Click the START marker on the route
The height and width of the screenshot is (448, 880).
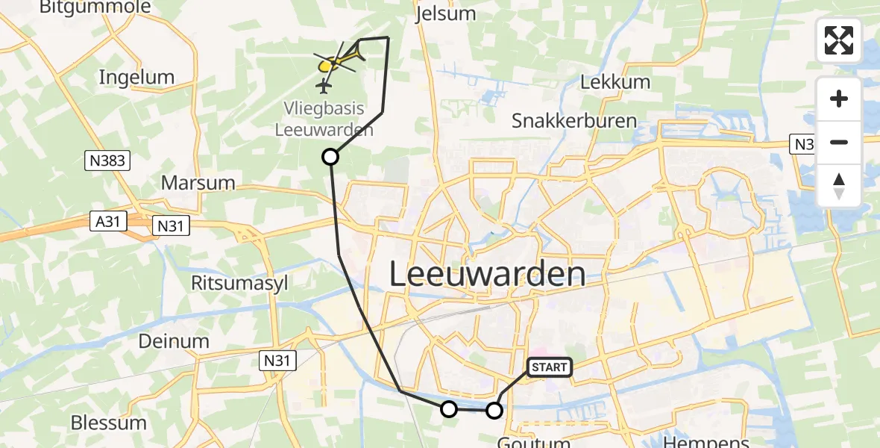coord(550,367)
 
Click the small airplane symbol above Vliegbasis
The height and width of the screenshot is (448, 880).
coord(324,87)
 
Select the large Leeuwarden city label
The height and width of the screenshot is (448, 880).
coord(487,275)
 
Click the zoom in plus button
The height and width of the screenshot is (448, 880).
coord(839,99)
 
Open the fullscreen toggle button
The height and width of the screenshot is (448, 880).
coord(839,40)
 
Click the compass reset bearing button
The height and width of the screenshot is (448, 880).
coord(839,186)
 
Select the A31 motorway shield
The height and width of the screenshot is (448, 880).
coord(110,222)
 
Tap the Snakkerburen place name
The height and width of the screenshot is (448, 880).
coord(574,121)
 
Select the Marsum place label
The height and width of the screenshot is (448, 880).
coord(198,183)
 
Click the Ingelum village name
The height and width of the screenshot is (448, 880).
coord(136,77)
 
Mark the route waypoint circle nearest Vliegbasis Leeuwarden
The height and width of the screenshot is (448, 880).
coord(330,157)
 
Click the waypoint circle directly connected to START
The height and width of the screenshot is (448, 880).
coord(494,410)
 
